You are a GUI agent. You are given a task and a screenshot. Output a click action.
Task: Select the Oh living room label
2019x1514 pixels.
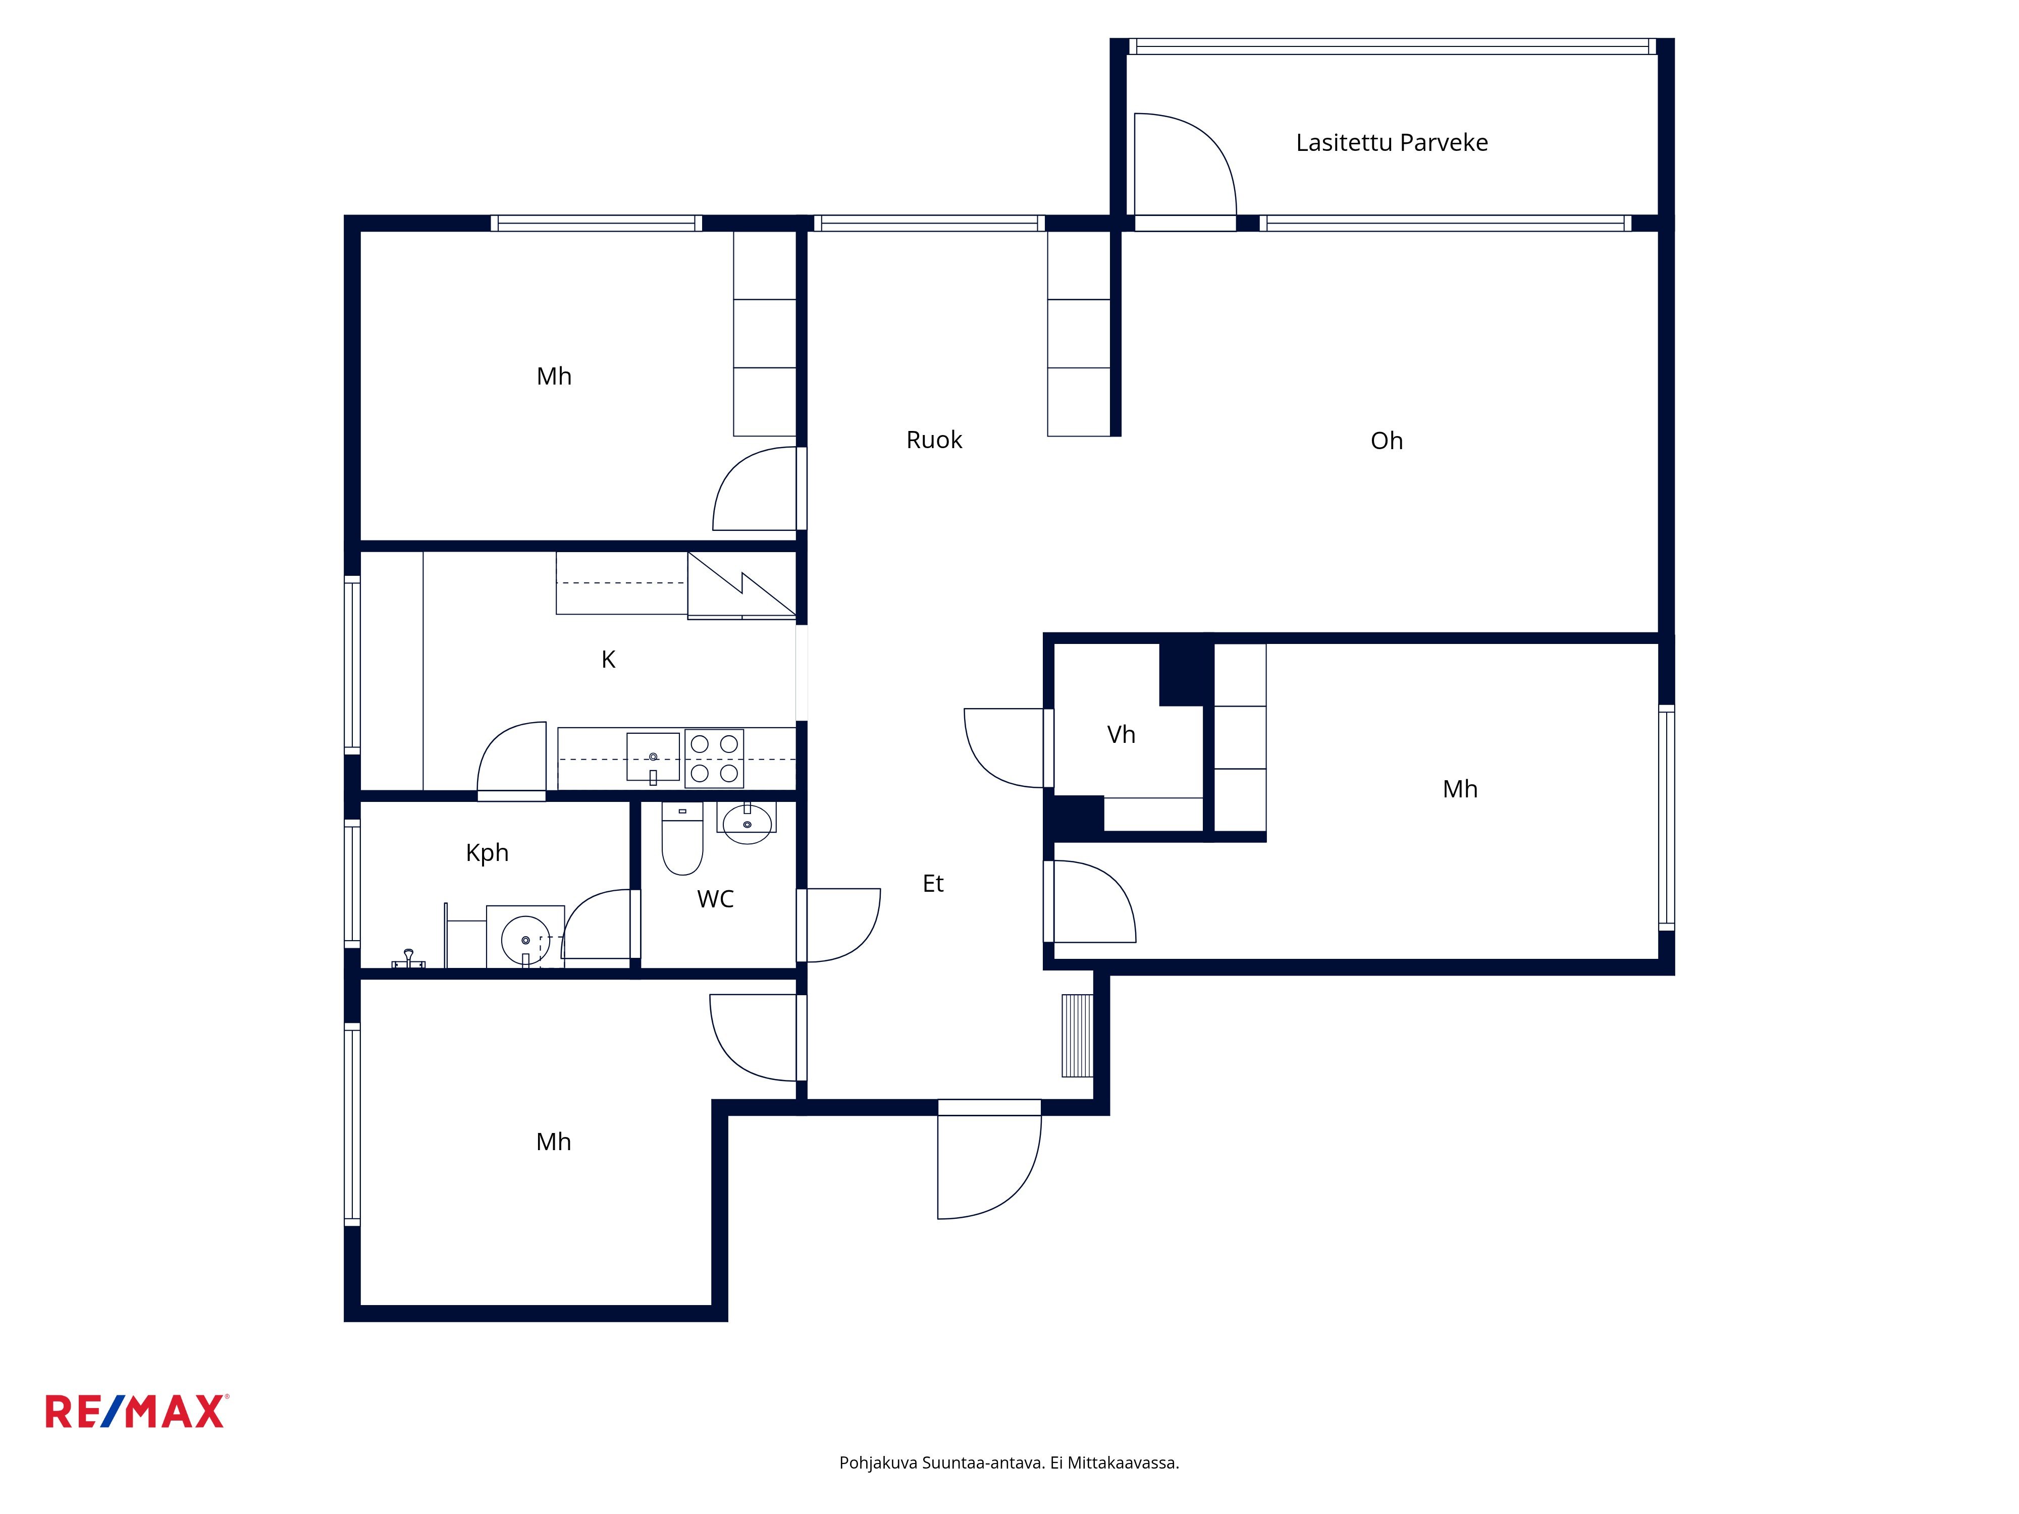click(1387, 441)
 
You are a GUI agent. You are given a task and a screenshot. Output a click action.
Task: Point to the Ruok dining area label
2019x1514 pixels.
click(934, 440)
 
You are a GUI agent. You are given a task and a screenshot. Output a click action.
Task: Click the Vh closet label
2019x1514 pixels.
click(1121, 735)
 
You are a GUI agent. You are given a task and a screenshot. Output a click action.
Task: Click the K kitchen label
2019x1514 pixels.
click(608, 659)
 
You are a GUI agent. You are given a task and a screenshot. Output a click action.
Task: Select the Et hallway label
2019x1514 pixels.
click(933, 883)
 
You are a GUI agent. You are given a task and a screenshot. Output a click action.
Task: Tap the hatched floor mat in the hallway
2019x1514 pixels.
click(1077, 1036)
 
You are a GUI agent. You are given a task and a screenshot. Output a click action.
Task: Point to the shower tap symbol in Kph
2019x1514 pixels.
click(408, 959)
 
